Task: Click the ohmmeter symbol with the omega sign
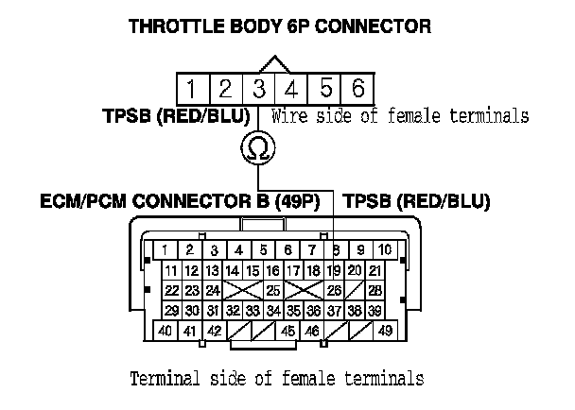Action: (x=257, y=146)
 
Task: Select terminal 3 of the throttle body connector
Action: (x=257, y=89)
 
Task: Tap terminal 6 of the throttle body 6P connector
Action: (x=357, y=89)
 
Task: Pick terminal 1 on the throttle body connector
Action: (x=191, y=89)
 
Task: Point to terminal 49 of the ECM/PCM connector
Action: (x=385, y=331)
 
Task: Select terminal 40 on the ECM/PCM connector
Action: (x=165, y=331)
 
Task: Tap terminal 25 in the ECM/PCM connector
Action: (x=272, y=290)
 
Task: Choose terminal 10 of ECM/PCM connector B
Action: (x=385, y=249)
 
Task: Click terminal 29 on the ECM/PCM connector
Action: (x=171, y=310)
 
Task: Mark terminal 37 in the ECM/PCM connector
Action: (x=333, y=310)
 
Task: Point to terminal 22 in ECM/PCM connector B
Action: (x=171, y=290)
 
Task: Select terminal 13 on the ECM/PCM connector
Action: (x=213, y=271)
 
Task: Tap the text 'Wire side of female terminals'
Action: (x=399, y=117)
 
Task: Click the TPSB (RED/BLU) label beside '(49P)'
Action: (x=416, y=201)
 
